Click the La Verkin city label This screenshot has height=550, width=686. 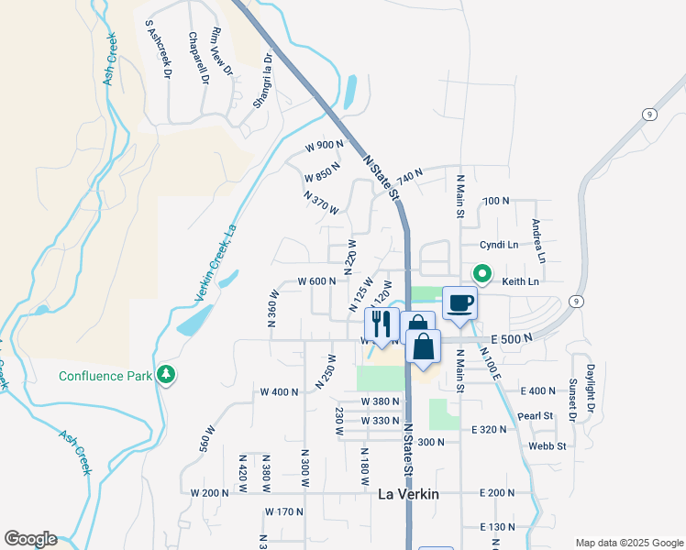click(409, 494)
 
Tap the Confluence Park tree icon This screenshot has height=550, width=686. click(165, 375)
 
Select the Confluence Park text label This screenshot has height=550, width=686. click(105, 376)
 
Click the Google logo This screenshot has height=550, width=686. click(30, 539)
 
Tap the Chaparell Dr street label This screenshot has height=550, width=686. click(199, 58)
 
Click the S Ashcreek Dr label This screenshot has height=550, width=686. click(157, 48)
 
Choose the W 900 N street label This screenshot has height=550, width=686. click(325, 146)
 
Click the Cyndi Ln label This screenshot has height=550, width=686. click(501, 245)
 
